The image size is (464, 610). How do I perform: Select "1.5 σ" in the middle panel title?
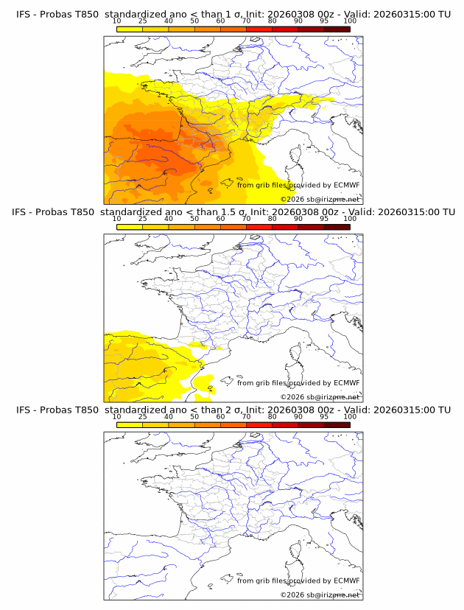(235, 212)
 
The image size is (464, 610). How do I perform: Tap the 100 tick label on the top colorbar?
(350, 21)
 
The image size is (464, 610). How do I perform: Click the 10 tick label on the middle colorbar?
(117, 219)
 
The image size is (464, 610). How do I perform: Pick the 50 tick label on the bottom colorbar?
(194, 416)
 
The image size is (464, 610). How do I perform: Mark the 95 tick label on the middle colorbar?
(324, 219)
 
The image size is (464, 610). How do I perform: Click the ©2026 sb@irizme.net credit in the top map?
(320, 200)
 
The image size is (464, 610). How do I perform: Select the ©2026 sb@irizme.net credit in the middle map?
(320, 397)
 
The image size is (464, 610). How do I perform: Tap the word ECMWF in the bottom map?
(346, 581)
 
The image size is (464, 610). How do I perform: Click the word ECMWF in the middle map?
(346, 383)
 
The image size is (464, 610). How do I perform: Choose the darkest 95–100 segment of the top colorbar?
(337, 29)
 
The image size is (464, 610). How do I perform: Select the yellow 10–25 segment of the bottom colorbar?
(130, 424)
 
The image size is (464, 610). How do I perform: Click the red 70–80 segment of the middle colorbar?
(259, 227)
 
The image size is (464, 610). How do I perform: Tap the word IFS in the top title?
(24, 15)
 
